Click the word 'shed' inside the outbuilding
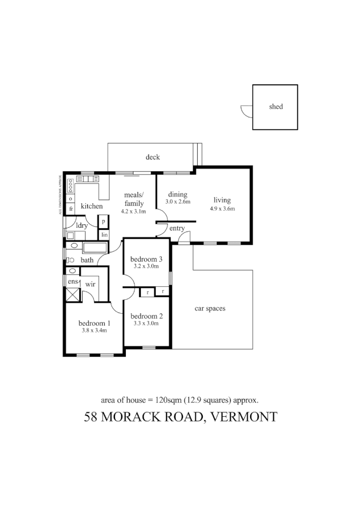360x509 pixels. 276,107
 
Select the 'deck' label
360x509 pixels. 153,157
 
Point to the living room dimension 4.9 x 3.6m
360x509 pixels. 222,209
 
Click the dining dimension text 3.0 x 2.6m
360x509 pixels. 178,202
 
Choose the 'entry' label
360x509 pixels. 177,228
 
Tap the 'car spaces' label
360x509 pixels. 210,308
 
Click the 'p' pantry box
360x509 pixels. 104,222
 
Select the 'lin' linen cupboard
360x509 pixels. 104,234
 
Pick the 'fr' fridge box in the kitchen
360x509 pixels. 71,209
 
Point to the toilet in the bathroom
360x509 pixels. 71,260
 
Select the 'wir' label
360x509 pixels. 90,284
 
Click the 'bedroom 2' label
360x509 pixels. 146,316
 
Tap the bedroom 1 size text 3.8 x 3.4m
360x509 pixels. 94,330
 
